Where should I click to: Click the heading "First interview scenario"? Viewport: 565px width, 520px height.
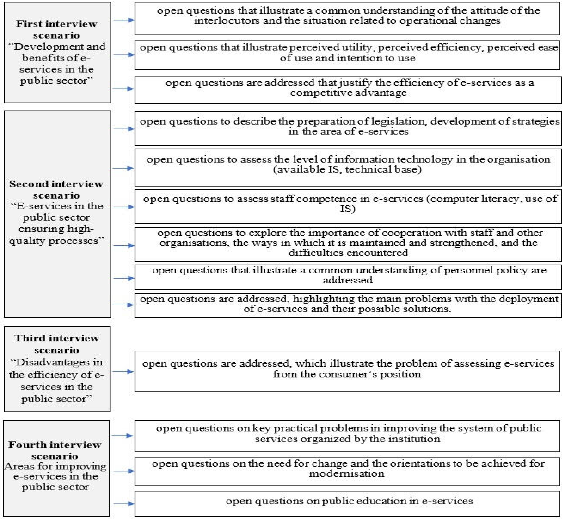coord(56,29)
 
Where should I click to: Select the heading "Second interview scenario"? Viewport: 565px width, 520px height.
coord(56,189)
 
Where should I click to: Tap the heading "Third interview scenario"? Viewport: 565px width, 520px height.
coord(56,344)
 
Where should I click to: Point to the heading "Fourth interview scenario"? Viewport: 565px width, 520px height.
coord(55,450)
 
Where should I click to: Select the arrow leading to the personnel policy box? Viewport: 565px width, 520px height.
coord(123,278)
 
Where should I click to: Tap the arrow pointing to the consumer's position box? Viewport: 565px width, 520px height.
coord(123,372)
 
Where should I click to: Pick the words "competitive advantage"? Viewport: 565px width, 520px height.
coord(348,93)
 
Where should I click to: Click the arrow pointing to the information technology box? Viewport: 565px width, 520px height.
coord(123,168)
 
